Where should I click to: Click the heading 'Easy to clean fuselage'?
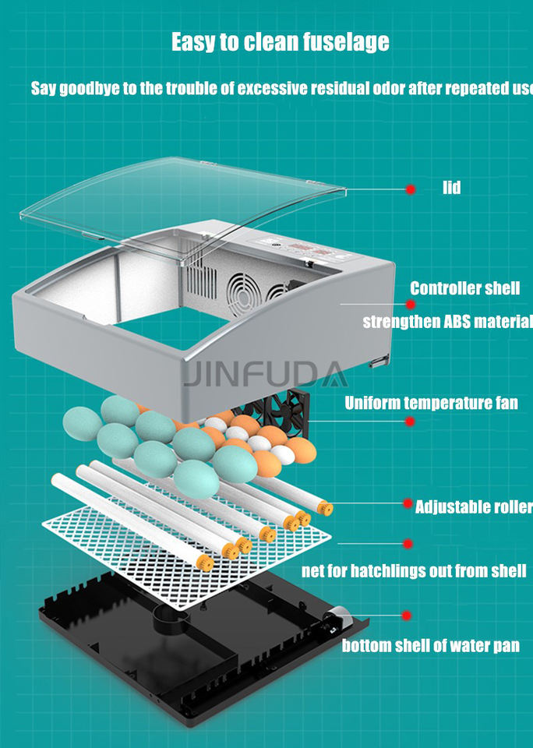tap(280, 41)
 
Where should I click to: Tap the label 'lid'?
tap(451, 188)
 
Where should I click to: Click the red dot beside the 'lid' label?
tap(409, 189)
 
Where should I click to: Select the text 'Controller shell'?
tap(464, 288)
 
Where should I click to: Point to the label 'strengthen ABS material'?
tap(448, 321)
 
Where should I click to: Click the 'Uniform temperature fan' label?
tap(431, 403)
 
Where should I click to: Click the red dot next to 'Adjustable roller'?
tap(408, 503)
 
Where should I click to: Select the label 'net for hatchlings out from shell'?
tap(414, 571)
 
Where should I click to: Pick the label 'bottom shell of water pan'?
tap(431, 645)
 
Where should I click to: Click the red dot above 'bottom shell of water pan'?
tap(406, 616)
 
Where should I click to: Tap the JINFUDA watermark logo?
tap(266, 375)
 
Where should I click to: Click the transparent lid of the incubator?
tap(179, 195)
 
